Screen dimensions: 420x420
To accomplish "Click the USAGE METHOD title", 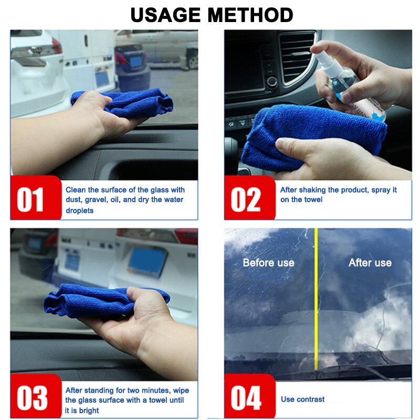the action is pos(212,15).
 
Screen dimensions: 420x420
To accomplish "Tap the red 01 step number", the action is pos(30,199).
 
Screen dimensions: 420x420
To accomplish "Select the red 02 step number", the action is pos(246,199).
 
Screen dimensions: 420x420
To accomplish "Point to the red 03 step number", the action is pos(32,398).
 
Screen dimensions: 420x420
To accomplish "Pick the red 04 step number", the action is pos(246,398).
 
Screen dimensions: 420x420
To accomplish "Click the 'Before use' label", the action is pos(268,263).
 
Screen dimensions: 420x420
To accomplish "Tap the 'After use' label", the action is pos(370,263).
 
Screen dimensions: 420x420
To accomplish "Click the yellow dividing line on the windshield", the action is pos(316,299).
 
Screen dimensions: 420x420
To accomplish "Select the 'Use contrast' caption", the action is pos(303,400).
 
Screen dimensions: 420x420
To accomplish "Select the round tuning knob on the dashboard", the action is pos(271,82).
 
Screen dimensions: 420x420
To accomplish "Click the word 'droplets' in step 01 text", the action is pos(80,211).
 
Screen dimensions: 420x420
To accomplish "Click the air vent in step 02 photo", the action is pos(297,57).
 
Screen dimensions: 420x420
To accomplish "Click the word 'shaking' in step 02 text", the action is pos(312,190).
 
